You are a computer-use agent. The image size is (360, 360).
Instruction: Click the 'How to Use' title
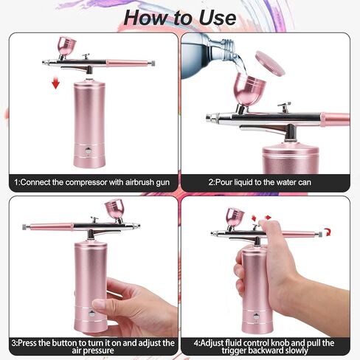click(180, 15)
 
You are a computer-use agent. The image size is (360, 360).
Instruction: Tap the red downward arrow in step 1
click(55, 83)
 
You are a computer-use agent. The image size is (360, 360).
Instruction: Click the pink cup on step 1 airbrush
click(66, 48)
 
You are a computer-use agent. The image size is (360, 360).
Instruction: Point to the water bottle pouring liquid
click(206, 48)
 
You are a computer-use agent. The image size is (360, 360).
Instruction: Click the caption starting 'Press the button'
click(92, 347)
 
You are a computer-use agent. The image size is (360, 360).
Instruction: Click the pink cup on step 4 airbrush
click(235, 217)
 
